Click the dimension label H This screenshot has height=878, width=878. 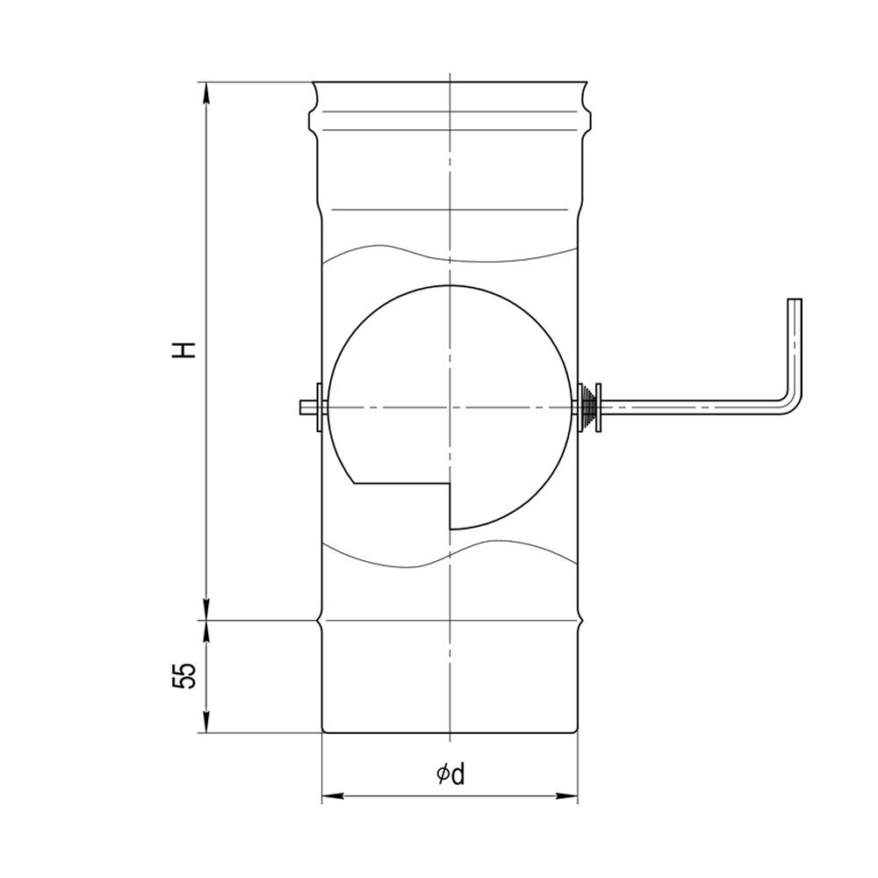[x=184, y=349]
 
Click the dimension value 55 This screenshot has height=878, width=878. [x=184, y=675]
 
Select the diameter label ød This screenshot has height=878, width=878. [x=450, y=774]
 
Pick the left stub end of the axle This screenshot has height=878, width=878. [x=302, y=407]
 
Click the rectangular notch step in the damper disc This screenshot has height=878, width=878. [x=450, y=484]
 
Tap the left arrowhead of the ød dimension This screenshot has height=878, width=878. [x=333, y=795]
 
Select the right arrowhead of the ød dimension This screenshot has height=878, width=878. [x=566, y=795]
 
